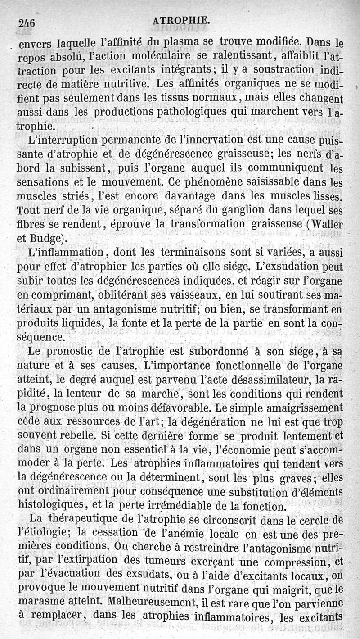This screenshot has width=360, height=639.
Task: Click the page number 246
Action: (27, 21)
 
